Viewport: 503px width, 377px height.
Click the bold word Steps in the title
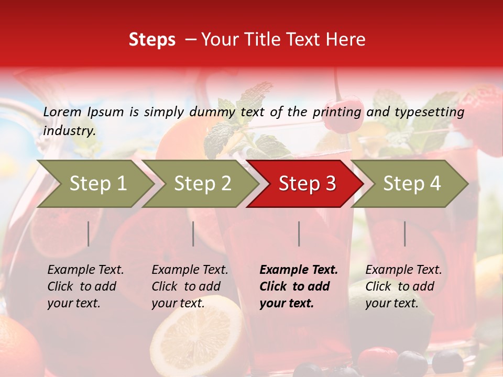(152, 40)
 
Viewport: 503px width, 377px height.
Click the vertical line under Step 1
(89, 234)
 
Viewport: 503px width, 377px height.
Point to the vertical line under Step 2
(193, 234)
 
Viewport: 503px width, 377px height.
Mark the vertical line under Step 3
(299, 234)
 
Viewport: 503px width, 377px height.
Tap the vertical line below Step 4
(405, 234)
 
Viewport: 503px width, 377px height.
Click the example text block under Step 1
(85, 286)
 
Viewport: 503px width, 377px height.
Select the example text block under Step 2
(190, 286)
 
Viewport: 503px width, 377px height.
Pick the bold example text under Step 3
(299, 286)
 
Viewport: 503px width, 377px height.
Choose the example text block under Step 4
(403, 286)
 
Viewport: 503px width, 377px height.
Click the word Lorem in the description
(62, 112)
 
